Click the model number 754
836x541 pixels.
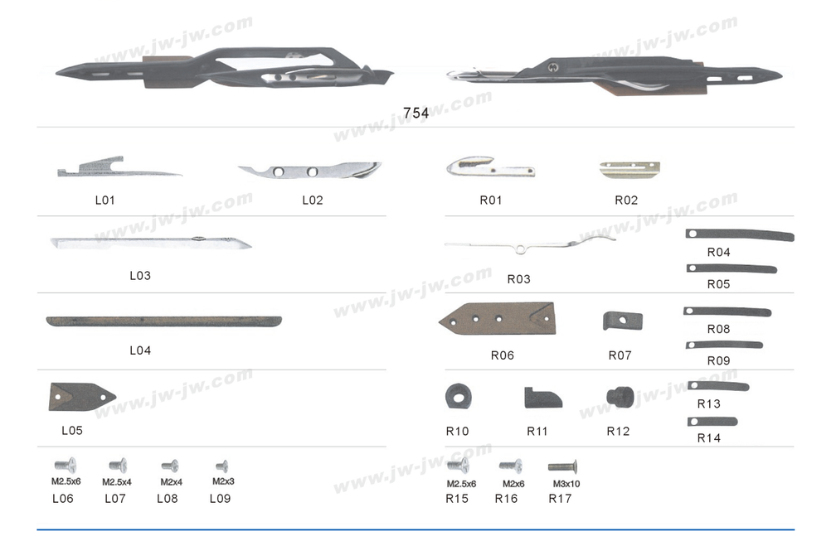click(416, 113)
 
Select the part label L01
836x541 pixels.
click(105, 200)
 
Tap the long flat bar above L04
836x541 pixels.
click(163, 321)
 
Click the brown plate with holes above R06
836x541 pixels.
click(498, 319)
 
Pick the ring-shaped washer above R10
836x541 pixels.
click(459, 396)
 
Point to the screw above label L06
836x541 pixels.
click(66, 466)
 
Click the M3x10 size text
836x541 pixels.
click(566, 484)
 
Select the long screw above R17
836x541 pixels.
click(562, 467)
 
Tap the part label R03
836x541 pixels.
click(519, 279)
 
